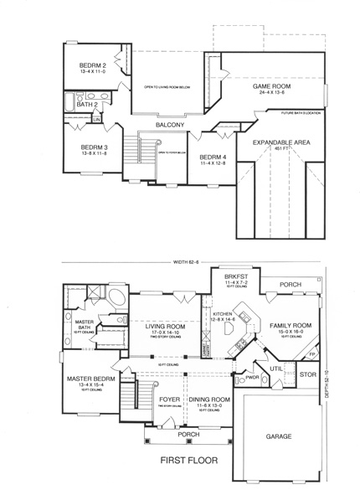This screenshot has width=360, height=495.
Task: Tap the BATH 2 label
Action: click(90, 105)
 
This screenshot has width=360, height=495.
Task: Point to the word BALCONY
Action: click(170, 126)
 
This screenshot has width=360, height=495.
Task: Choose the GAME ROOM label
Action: click(272, 86)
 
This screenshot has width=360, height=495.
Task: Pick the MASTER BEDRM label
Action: click(87, 379)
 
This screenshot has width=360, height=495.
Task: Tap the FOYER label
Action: click(171, 400)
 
